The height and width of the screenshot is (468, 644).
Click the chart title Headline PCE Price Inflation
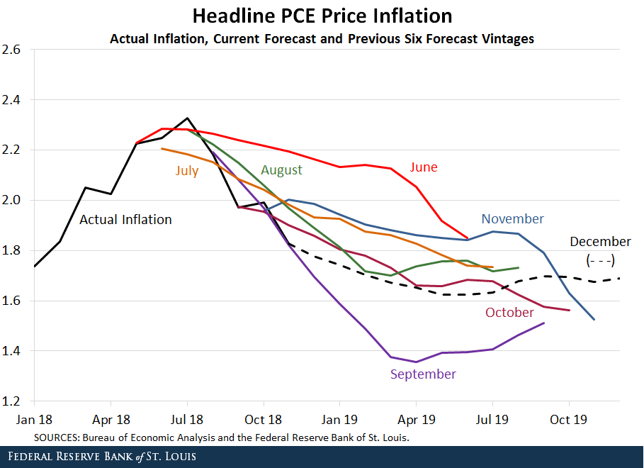pos(322,16)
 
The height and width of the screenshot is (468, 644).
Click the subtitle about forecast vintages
pos(322,38)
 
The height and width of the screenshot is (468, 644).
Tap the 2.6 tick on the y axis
pos(11,50)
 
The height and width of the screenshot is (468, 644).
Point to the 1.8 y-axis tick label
pos(11,251)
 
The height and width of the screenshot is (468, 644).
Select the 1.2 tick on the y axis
pos(11,401)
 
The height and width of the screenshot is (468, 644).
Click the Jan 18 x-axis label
pos(35,419)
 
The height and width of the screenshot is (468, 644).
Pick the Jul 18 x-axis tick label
pos(188,419)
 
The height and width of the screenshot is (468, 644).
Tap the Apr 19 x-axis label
pos(416,419)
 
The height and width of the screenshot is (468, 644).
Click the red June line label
pos(424,167)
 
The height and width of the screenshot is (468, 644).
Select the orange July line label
pos(187,170)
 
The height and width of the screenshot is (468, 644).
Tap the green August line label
pos(281,170)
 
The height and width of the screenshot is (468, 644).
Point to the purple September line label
pos(423,374)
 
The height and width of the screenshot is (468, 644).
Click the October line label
pos(509,313)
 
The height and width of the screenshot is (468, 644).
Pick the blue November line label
pos(512,219)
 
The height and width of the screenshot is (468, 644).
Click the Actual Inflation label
pos(125,220)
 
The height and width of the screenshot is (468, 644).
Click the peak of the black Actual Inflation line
pos(187,118)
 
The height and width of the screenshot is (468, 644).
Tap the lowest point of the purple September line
pos(416,362)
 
